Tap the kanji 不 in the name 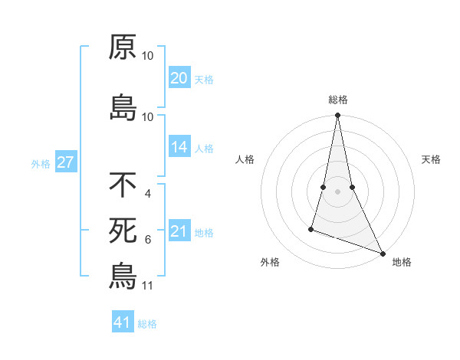tap(123, 185)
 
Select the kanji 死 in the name tap(123, 230)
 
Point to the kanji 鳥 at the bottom tap(123, 276)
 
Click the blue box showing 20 tap(179, 78)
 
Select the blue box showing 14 tap(179, 148)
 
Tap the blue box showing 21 tap(179, 231)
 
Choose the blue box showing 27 tap(65, 162)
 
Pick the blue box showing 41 tap(123, 322)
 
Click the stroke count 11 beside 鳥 tap(147, 286)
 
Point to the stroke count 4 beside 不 tap(147, 194)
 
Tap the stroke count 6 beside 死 tap(147, 240)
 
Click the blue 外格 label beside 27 tap(41, 163)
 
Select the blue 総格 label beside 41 tap(147, 324)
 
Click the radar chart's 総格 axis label tap(337, 100)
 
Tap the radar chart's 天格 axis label tap(432, 159)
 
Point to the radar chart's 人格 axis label tap(245, 159)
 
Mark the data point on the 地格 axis tap(382, 252)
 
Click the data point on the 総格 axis tap(337, 116)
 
